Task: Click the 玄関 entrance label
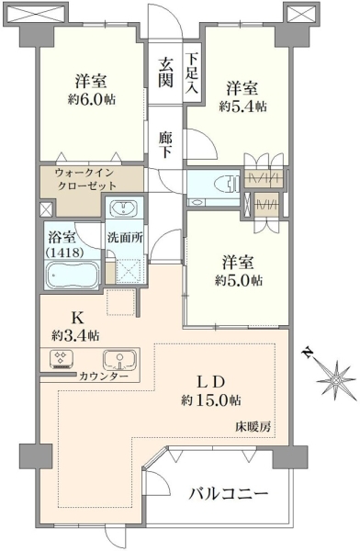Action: click(x=165, y=73)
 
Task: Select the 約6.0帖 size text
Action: click(x=92, y=100)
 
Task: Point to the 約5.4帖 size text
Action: click(x=242, y=106)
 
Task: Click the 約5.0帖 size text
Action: click(x=238, y=280)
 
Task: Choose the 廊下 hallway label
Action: click(x=164, y=144)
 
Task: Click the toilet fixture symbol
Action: click(x=226, y=184)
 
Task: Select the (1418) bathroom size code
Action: click(x=63, y=253)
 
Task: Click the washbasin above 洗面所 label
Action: click(x=124, y=208)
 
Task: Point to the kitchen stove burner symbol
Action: click(x=62, y=359)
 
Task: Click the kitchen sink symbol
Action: click(x=119, y=360)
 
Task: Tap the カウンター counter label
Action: click(x=104, y=376)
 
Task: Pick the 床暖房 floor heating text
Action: click(x=253, y=427)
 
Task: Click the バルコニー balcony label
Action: click(x=229, y=495)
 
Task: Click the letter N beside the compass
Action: click(x=309, y=354)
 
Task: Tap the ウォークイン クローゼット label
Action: click(x=85, y=179)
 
